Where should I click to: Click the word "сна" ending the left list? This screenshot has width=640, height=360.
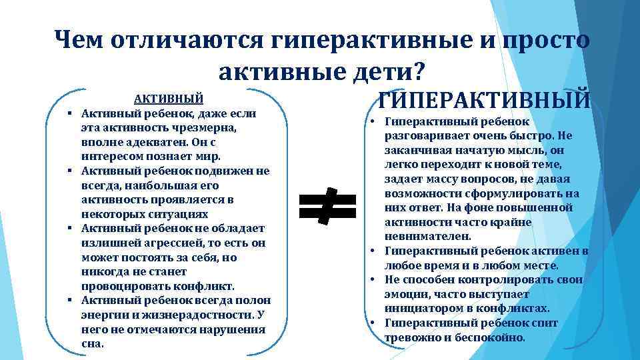[x=91, y=345]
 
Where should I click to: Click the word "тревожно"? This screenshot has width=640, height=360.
[x=411, y=337]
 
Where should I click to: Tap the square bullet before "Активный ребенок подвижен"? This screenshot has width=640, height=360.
[x=69, y=171]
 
